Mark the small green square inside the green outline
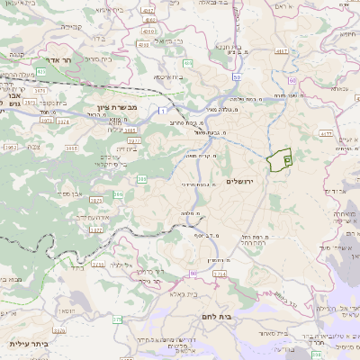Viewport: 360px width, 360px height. pyautogui.click(x=286, y=159)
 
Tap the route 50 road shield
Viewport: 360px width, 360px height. pyautogui.click(x=236, y=78)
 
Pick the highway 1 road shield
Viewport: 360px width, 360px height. pyautogui.click(x=162, y=110)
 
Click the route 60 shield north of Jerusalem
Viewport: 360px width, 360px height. pyautogui.click(x=292, y=82)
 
